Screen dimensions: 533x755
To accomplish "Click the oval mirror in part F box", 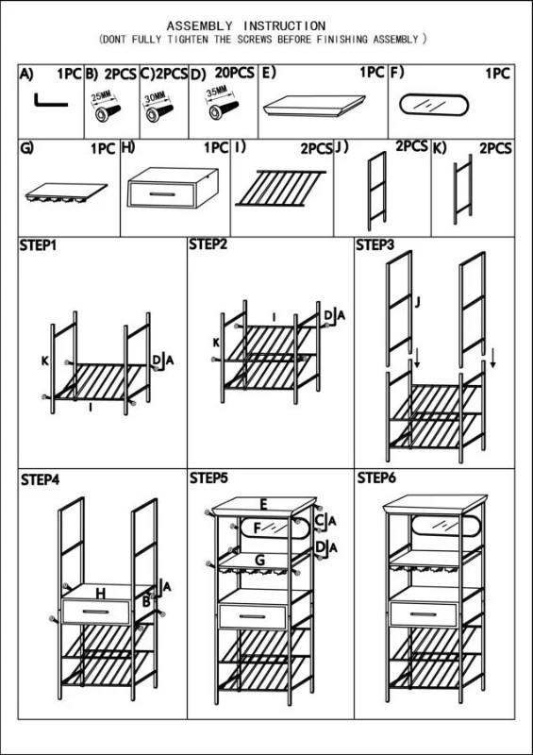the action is tap(433, 105).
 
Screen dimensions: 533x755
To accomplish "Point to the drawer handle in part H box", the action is tap(161, 194).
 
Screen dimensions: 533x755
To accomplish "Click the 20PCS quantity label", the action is tap(235, 73).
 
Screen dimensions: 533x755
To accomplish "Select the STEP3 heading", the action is tap(375, 245).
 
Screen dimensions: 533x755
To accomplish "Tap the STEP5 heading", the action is tap(208, 478).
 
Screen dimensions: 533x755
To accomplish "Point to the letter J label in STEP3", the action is tap(418, 302).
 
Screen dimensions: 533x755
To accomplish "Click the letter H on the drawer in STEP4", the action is tap(100, 594).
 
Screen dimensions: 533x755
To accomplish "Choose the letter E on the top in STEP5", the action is tap(263, 505).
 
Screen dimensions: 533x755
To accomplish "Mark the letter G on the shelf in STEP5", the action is tap(259, 560).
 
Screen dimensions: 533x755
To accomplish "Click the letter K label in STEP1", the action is tap(44, 361).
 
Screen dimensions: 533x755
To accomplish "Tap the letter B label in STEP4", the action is tap(146, 601).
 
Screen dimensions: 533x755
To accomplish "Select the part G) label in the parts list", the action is tap(26, 147).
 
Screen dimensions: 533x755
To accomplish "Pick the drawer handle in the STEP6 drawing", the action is tap(425, 614).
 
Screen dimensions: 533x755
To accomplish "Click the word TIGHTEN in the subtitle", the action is tap(188, 40).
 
